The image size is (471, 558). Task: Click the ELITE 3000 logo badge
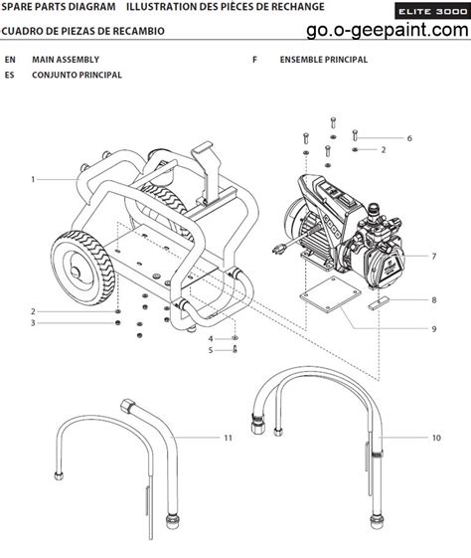click(x=432, y=11)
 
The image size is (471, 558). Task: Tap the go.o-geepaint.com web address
click(x=388, y=30)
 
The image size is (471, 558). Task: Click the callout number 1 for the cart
click(x=33, y=179)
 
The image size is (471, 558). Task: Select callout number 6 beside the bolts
click(x=409, y=138)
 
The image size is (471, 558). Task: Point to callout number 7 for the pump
click(x=433, y=257)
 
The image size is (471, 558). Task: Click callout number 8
click(x=433, y=300)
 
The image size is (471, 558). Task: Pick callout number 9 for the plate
click(x=433, y=329)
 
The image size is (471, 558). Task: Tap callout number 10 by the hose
click(x=436, y=438)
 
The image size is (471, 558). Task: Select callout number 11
click(x=228, y=438)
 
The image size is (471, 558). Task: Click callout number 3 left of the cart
click(x=33, y=323)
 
